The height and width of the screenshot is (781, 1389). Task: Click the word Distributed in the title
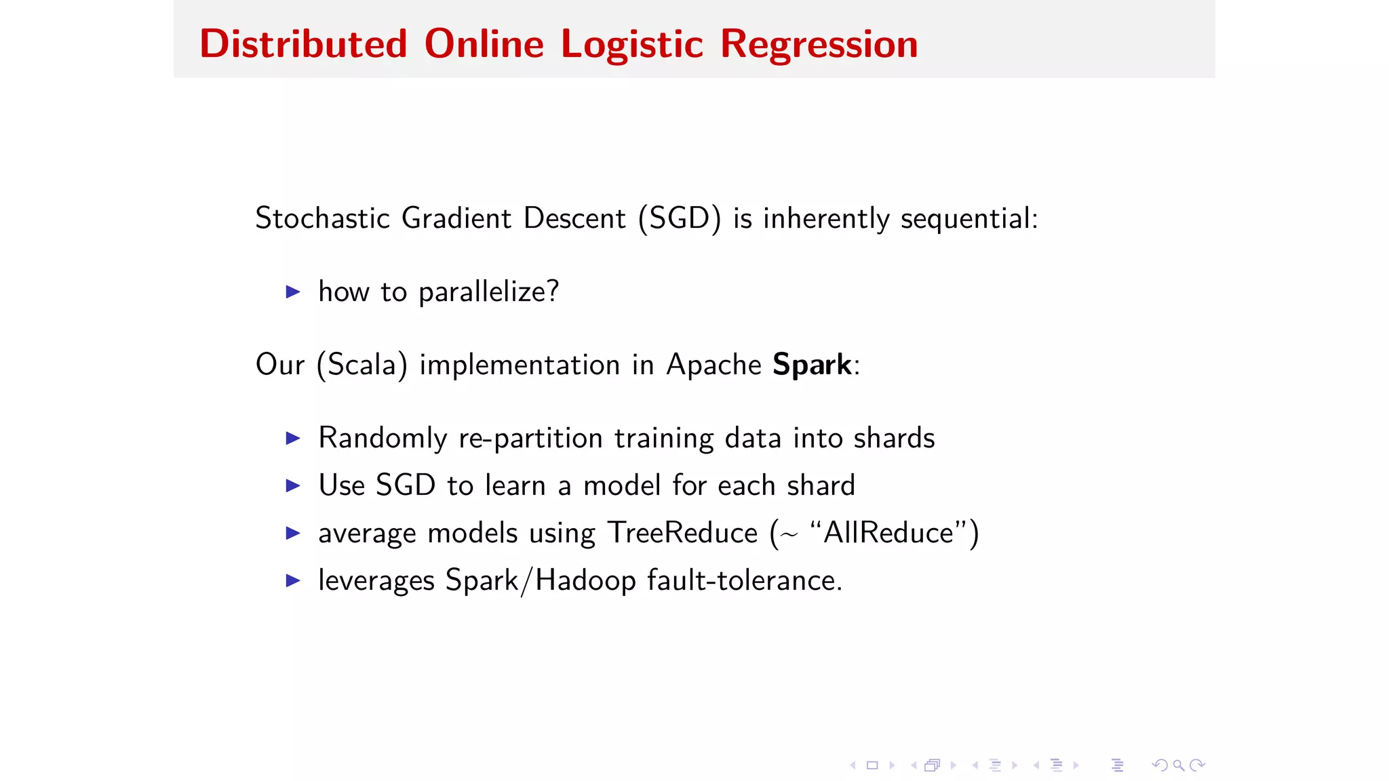point(303,44)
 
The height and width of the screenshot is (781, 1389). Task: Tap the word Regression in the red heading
point(819,44)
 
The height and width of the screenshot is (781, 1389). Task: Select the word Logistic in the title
point(631,44)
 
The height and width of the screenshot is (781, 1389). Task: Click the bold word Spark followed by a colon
point(812,365)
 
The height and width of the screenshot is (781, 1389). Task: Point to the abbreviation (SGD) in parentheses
point(679,218)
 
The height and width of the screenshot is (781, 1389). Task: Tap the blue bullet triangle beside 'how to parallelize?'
point(293,292)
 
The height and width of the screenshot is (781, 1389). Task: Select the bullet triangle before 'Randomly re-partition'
point(293,438)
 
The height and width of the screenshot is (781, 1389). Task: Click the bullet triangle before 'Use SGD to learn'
point(293,485)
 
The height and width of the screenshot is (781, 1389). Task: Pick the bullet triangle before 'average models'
point(293,533)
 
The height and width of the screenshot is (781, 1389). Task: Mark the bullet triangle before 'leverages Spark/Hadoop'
point(293,580)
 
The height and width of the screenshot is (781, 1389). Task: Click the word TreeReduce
point(682,533)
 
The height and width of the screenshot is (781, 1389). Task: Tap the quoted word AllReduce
point(888,533)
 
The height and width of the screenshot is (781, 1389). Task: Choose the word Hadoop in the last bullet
point(585,580)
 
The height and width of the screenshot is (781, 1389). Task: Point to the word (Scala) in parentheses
point(362,365)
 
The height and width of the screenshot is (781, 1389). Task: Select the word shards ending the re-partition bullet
point(894,438)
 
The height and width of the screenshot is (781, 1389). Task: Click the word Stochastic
point(322,218)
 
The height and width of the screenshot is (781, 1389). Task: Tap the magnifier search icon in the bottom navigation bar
point(1179,765)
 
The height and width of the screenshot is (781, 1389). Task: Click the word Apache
point(713,365)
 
